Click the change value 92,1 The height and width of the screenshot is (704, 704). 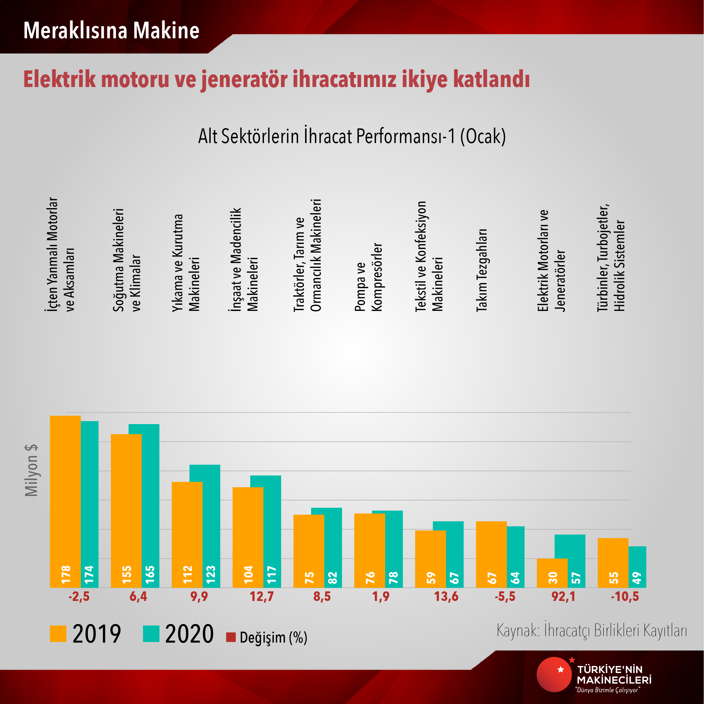(563, 597)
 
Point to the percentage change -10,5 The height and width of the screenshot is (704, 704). (625, 597)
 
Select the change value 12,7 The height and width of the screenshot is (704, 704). (261, 597)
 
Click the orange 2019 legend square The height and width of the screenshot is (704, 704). (58, 634)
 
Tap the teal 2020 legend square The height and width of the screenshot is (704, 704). (151, 634)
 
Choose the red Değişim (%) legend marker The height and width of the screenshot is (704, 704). (231, 637)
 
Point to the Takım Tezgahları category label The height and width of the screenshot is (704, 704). (482, 270)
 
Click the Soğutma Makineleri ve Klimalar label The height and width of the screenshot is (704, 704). (126, 260)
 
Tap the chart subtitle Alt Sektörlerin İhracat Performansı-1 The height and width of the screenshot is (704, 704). (352, 136)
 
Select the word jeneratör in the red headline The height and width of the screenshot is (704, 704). (244, 79)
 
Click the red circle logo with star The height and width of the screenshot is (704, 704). (553, 674)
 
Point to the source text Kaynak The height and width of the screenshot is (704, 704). (517, 630)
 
